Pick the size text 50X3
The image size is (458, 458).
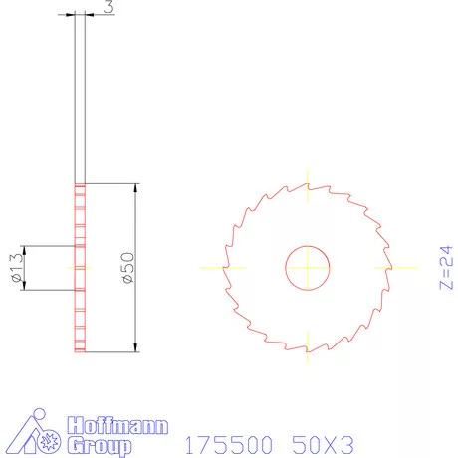pos(322,439)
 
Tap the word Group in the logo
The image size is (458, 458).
pos(100,446)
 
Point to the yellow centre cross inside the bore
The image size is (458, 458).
pos(309,267)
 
